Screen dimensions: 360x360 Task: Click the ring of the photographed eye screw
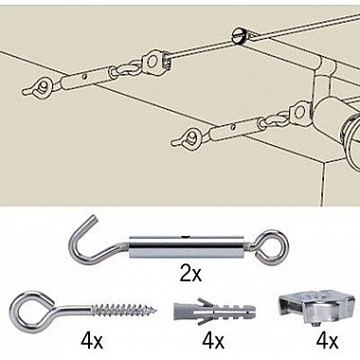pos(27,310)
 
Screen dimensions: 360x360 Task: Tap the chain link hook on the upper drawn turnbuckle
pos(124,67)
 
